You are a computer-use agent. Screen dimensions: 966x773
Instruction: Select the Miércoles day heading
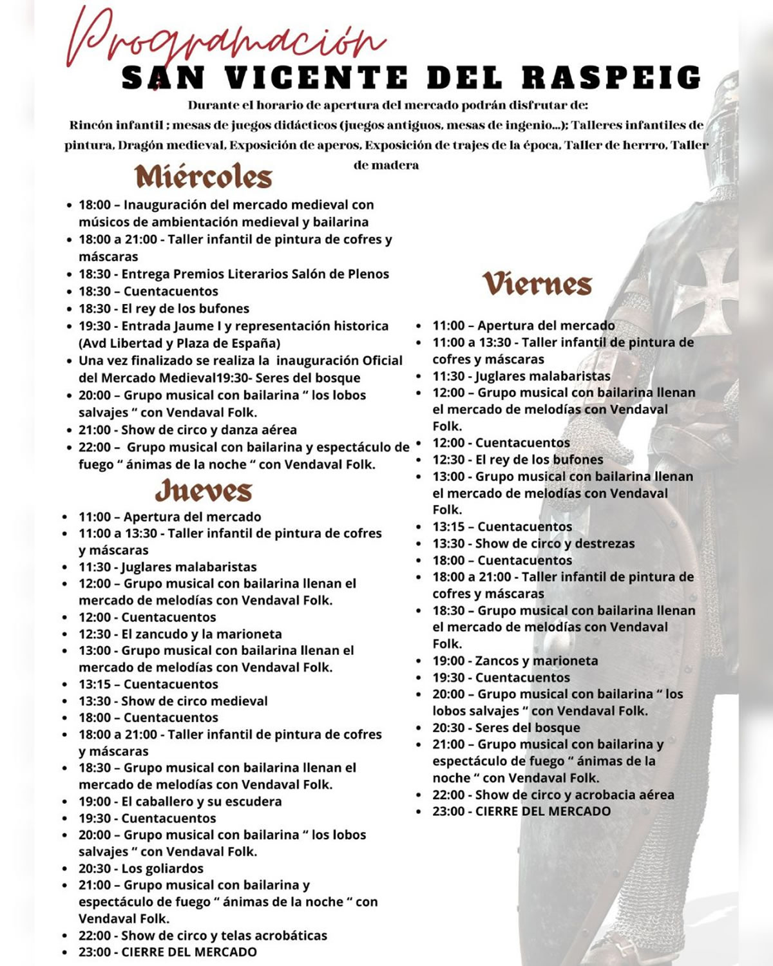point(204,176)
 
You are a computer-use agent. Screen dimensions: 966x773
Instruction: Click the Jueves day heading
point(204,491)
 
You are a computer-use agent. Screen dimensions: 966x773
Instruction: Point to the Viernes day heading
point(537,284)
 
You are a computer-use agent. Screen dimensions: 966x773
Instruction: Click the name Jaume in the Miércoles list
point(194,326)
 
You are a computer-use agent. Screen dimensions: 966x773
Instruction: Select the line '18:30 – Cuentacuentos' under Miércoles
point(148,291)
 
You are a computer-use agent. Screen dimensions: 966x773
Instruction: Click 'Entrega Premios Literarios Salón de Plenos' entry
point(255,274)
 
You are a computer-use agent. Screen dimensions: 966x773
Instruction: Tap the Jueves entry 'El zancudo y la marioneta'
point(202,634)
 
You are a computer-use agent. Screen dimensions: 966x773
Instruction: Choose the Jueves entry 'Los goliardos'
point(162,868)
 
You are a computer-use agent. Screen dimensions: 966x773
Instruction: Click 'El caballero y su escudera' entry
point(202,801)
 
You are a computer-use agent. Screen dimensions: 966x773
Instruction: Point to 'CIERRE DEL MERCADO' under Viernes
point(542,811)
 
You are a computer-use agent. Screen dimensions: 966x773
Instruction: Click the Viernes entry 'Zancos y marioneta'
point(536,661)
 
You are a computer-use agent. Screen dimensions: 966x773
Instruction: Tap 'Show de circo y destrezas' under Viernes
point(555,544)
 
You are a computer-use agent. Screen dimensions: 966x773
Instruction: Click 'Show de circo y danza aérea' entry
point(209,430)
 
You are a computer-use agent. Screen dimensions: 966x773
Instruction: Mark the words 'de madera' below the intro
point(386,165)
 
